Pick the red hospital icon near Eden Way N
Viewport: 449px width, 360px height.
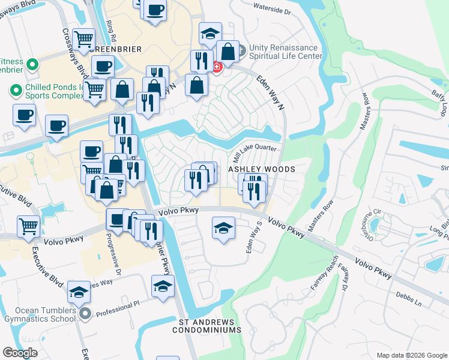click(x=216, y=66)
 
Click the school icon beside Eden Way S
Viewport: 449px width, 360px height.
click(x=223, y=229)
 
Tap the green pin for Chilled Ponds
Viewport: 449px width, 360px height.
click(x=16, y=91)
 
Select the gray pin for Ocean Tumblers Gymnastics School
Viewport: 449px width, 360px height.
click(x=85, y=313)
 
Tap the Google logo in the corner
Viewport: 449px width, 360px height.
click(x=20, y=353)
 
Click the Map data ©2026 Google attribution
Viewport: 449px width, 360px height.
click(x=411, y=355)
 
